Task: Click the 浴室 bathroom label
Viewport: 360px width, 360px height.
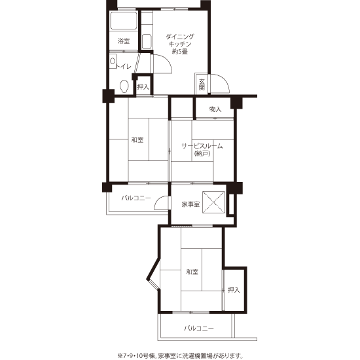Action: pos(124,41)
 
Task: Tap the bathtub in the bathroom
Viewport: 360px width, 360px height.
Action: pos(124,21)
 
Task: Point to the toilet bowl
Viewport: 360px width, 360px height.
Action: pos(124,86)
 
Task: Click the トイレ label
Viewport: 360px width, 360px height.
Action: pos(124,67)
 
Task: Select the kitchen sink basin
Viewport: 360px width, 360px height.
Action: pos(147,41)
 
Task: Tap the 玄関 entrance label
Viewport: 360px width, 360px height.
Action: pos(202,84)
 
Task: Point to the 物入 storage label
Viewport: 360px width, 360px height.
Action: pos(215,109)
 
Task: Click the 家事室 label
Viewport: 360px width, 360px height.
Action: pos(190,204)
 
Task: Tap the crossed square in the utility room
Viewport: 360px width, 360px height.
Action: pos(213,202)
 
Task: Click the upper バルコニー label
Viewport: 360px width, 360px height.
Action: pos(136,198)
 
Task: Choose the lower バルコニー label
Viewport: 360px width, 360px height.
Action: pos(199,329)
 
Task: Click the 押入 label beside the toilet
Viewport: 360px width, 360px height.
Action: pos(143,87)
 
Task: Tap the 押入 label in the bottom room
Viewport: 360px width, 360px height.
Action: pos(234,290)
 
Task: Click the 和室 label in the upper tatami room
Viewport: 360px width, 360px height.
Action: pos(137,139)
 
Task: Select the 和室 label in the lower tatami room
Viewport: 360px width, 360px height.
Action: pos(192,272)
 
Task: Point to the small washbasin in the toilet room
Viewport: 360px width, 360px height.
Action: pos(113,61)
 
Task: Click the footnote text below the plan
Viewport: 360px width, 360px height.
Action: pos(181,356)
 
